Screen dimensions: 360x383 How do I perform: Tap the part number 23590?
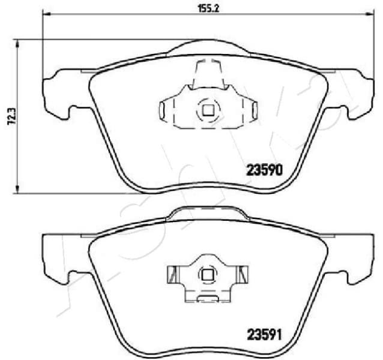(265, 170)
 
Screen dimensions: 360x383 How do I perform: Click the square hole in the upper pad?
(208, 110)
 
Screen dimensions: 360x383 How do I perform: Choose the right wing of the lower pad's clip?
(243, 275)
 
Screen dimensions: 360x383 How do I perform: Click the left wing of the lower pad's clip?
(172, 275)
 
